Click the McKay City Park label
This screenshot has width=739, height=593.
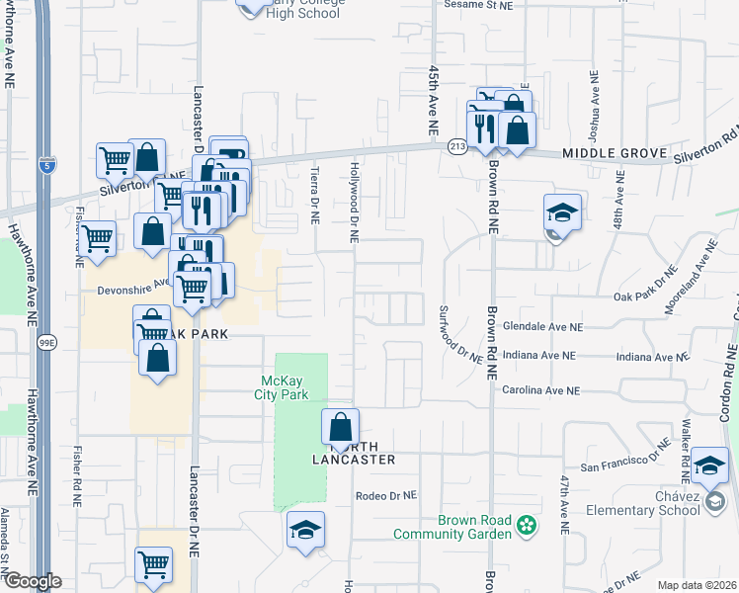286,387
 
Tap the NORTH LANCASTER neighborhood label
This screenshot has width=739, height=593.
353,452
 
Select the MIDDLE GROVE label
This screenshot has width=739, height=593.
603,154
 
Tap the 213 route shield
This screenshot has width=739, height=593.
456,146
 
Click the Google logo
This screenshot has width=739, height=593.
32,582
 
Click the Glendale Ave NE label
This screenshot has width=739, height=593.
543,326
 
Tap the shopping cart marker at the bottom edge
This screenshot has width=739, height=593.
154,564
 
